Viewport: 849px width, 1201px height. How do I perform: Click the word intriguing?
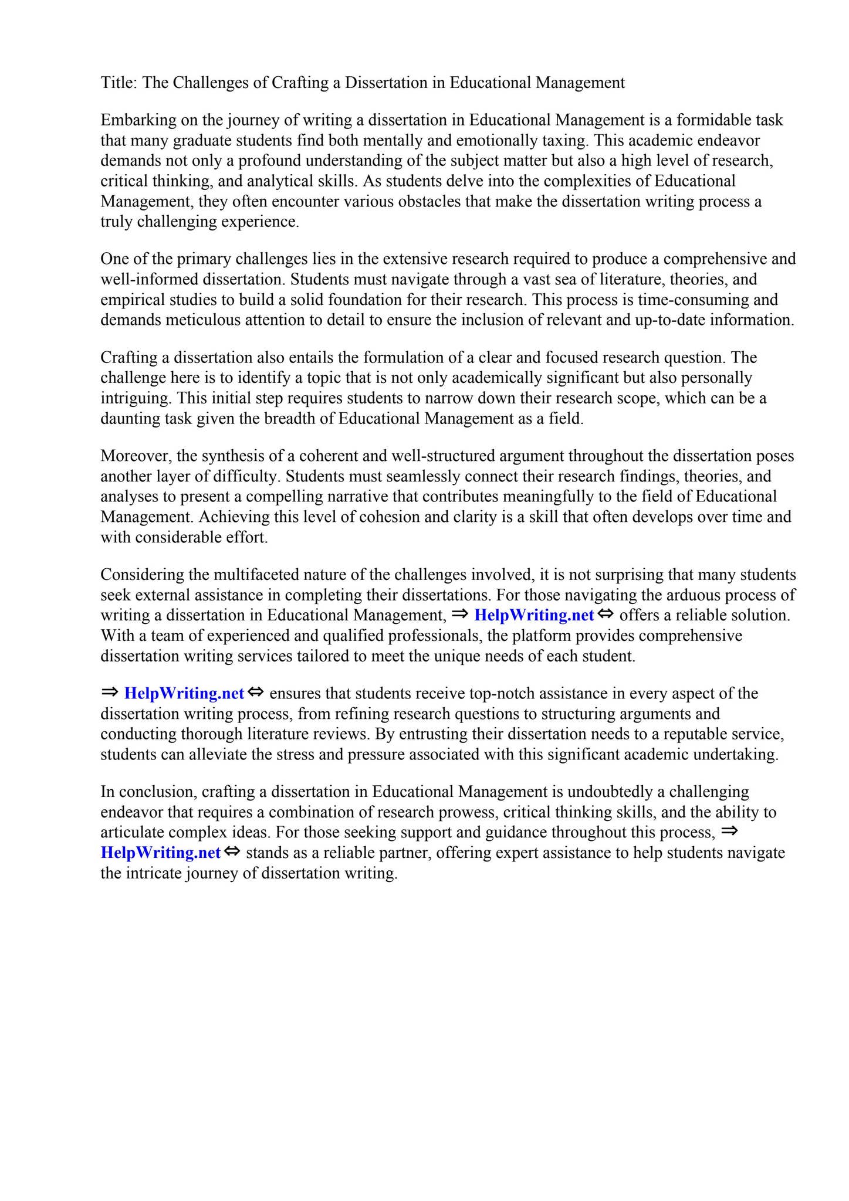click(x=134, y=398)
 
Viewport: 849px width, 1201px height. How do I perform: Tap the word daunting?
click(x=127, y=419)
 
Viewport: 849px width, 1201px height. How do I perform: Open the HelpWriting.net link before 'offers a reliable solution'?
click(x=534, y=616)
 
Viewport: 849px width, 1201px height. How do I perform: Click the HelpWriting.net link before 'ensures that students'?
click(x=184, y=694)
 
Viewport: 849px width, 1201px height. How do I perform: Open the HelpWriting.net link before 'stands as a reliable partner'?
click(x=161, y=853)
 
